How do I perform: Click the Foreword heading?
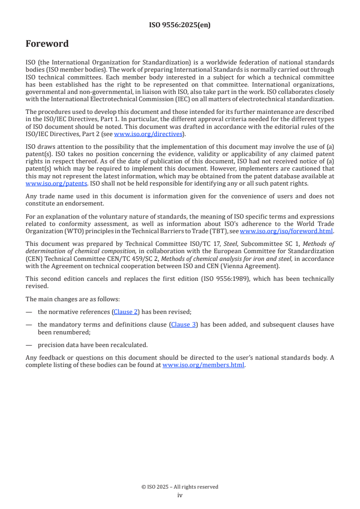click(47, 44)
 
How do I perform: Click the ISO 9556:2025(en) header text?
click(180, 25)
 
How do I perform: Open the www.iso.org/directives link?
click(148, 134)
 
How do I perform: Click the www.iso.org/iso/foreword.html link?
click(286, 230)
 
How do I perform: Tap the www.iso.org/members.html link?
click(203, 365)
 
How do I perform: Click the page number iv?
click(180, 495)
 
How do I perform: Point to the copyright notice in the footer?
click(180, 487)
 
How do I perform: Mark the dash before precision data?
click(29, 344)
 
